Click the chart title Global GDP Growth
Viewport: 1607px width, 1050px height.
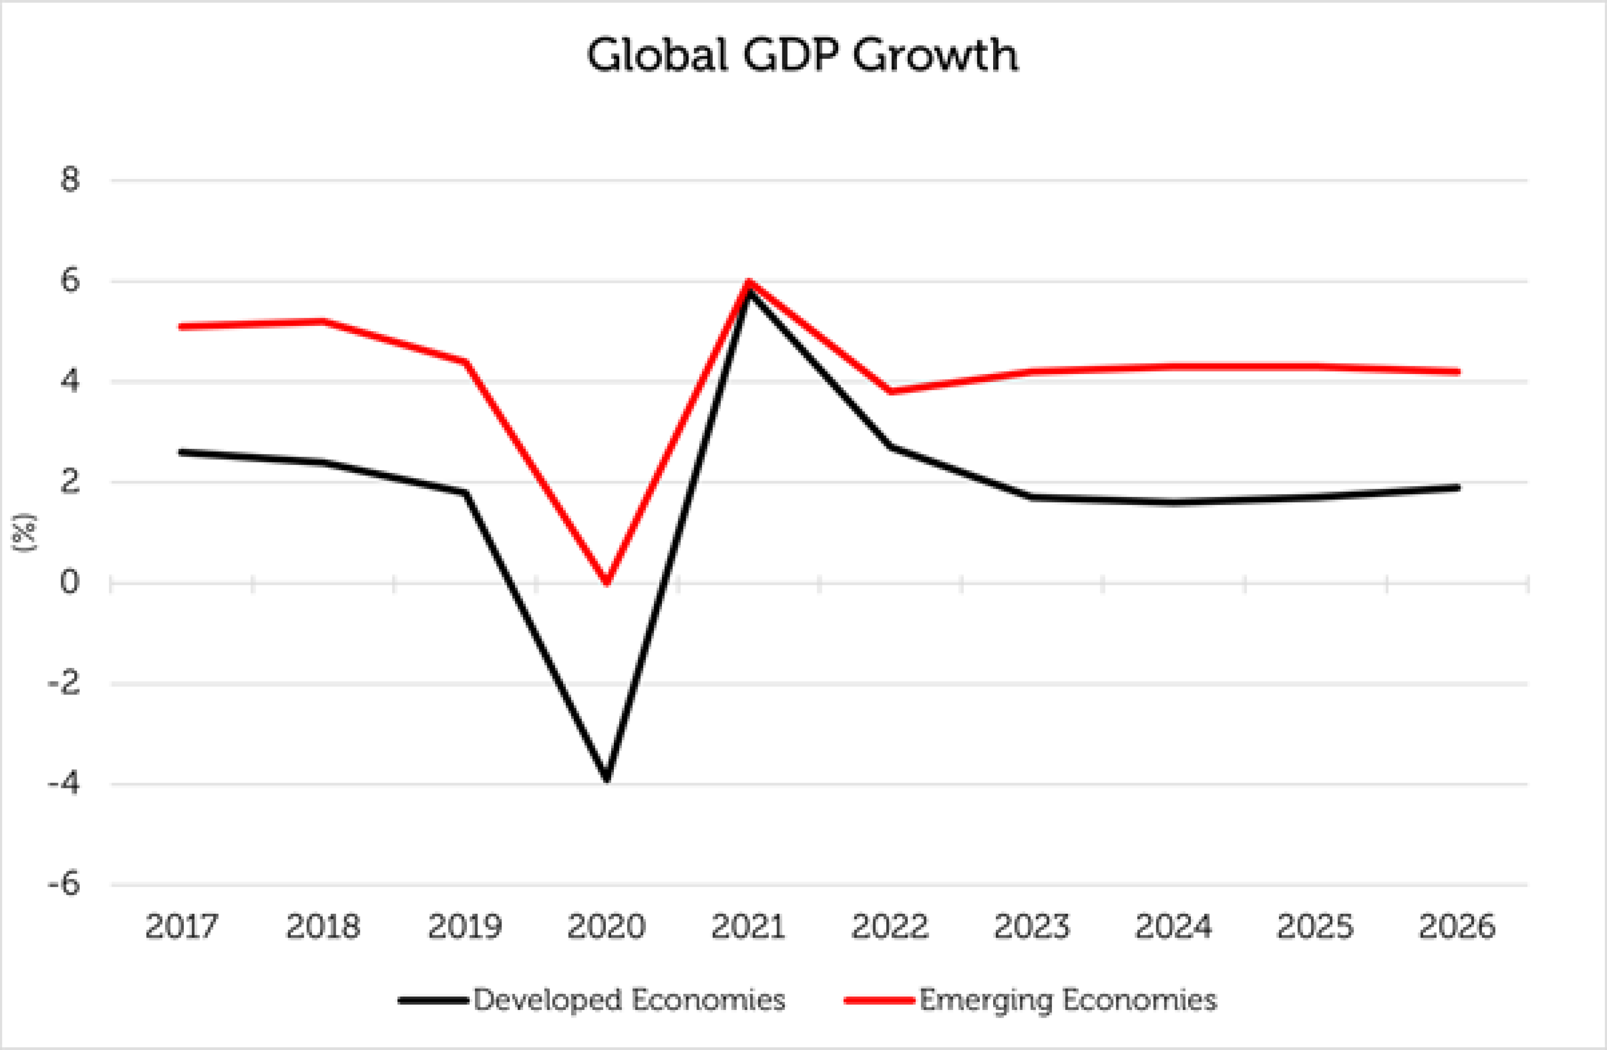(802, 55)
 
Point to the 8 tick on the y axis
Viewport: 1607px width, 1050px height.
(70, 180)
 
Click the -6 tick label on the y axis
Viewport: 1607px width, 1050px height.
(64, 884)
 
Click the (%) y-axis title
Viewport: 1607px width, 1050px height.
(24, 534)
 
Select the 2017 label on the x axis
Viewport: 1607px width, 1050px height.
(182, 926)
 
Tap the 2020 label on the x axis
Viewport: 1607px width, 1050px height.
(606, 926)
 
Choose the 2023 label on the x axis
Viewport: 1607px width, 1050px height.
(1032, 926)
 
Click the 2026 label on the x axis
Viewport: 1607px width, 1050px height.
(1457, 926)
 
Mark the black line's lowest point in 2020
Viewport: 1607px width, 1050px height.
(607, 779)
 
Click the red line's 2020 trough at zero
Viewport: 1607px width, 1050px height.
(607, 581)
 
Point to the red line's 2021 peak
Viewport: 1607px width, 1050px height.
(749, 282)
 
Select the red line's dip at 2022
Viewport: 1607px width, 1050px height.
(891, 391)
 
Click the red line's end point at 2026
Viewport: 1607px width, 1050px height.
(1458, 371)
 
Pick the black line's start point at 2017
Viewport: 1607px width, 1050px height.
(182, 452)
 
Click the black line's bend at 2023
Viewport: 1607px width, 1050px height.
(1032, 498)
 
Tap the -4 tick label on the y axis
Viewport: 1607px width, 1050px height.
(64, 784)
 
